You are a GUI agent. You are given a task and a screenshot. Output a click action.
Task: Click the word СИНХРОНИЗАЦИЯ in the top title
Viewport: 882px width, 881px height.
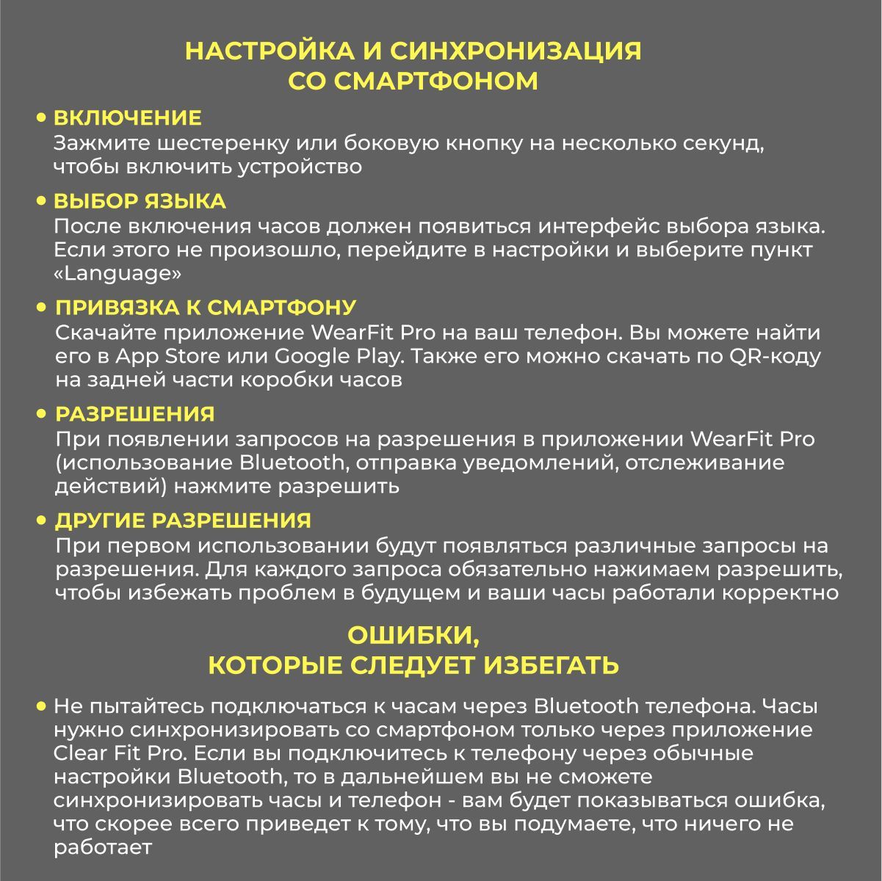pos(516,52)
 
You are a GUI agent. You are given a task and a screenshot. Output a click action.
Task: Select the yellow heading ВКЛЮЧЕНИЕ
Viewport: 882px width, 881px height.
pos(128,117)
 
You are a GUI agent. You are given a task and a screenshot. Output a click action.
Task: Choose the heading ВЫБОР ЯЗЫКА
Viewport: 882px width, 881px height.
pos(140,201)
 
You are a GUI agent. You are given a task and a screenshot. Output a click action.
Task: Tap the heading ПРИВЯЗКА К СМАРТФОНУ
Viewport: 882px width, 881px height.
pos(206,307)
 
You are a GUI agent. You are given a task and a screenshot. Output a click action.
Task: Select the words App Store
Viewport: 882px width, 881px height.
pos(167,357)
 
